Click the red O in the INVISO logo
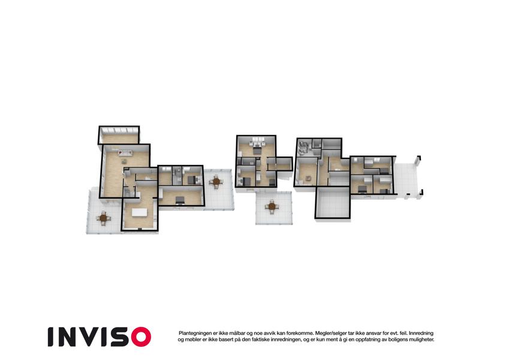tap(141, 337)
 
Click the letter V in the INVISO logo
tap(88, 337)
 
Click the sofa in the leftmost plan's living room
tap(125, 152)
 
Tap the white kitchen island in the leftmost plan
tap(139, 212)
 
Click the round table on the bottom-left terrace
tap(103, 218)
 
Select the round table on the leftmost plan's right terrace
tap(216, 181)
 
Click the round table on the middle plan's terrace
tap(272, 206)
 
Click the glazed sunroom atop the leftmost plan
tap(119, 135)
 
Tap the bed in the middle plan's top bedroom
tap(257, 151)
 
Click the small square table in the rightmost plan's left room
tap(308, 178)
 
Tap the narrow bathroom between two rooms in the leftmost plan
tap(177, 176)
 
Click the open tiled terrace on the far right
tap(408, 179)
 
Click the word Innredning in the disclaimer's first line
tap(421, 333)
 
